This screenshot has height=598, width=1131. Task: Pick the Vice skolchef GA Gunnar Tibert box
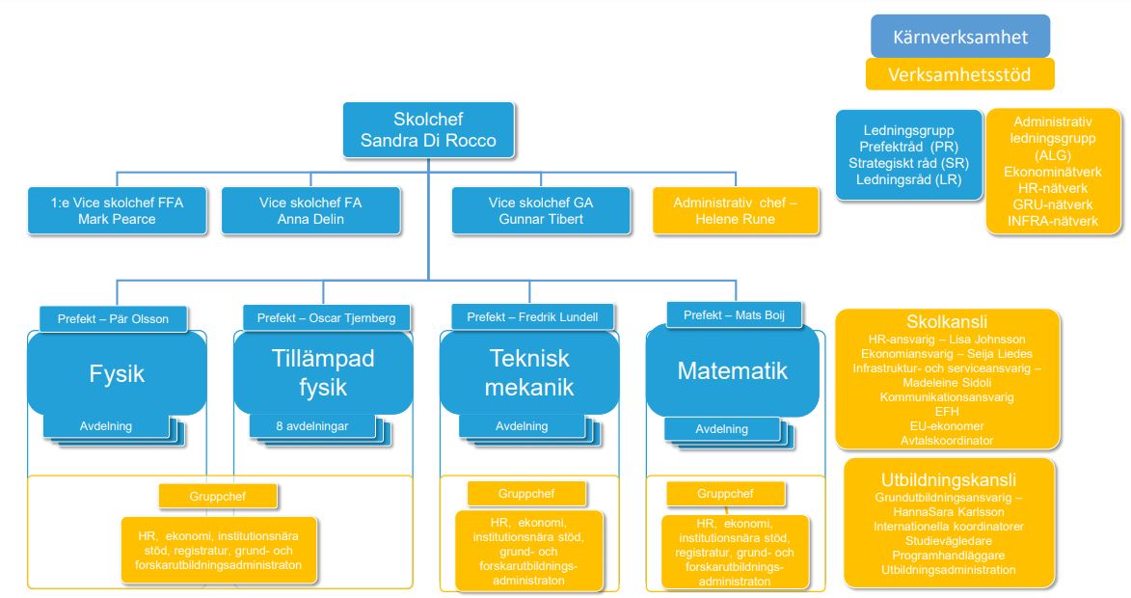tap(541, 210)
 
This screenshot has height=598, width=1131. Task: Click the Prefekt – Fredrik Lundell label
tap(525, 316)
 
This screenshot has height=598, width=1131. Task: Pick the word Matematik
tap(733, 371)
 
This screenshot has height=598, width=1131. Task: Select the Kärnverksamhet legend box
tap(959, 39)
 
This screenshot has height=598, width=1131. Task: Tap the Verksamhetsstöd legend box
tap(959, 74)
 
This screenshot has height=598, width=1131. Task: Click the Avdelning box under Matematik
tap(721, 429)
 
